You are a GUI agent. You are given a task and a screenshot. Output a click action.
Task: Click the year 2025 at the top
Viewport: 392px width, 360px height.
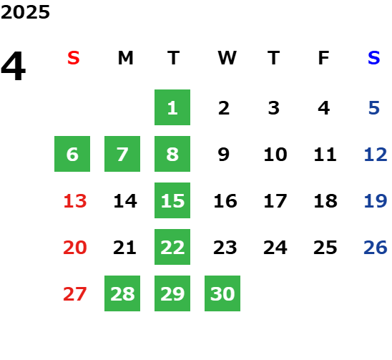tap(25, 12)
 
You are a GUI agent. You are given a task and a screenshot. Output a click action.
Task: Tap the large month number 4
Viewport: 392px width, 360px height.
tap(14, 66)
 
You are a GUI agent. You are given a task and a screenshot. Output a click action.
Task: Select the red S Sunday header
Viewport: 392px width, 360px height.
tap(74, 58)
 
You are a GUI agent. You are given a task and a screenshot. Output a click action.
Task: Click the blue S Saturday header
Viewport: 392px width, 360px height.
tap(373, 58)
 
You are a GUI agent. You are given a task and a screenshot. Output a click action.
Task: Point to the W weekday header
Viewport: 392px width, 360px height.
tap(227, 58)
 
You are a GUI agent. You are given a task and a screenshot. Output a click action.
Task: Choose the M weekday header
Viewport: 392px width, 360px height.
tap(125, 58)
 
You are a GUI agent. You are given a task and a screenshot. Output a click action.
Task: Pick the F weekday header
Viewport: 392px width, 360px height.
tap(324, 58)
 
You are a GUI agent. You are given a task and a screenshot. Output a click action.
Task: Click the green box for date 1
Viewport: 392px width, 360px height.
tap(172, 107)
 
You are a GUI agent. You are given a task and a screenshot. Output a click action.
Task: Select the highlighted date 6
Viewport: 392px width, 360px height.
tap(72, 154)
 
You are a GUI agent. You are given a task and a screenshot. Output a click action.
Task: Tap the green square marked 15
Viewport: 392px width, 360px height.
tap(172, 200)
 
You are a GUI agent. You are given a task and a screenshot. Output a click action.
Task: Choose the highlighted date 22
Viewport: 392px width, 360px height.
tap(172, 247)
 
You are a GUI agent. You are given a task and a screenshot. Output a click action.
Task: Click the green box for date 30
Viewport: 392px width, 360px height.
tap(222, 293)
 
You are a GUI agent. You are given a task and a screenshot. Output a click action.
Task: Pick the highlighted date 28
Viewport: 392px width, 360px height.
tap(122, 293)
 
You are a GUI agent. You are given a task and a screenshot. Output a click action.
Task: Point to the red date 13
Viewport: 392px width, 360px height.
tap(75, 201)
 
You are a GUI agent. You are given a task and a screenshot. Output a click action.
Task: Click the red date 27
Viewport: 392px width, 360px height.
tap(75, 294)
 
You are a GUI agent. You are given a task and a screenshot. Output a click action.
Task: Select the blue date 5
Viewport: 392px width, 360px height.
tap(374, 108)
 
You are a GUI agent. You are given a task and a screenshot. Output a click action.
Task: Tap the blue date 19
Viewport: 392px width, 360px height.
tap(376, 201)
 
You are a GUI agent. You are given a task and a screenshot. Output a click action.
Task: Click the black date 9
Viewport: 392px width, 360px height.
tap(224, 155)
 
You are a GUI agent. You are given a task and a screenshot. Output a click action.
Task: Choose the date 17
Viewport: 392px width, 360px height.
tap(275, 201)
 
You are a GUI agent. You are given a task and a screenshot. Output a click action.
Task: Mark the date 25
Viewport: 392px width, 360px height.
tap(325, 248)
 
